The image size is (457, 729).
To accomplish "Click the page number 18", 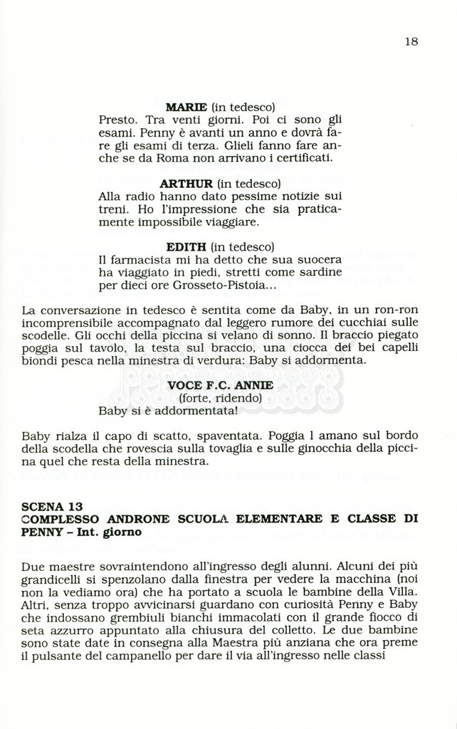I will click(411, 41).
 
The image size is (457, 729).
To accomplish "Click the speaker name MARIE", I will click(186, 107).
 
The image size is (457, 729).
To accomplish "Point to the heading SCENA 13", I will click(52, 507).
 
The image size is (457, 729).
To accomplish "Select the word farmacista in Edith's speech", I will click(137, 260).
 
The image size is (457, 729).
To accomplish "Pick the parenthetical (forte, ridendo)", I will click(220, 398).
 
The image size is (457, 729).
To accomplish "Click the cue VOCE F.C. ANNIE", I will click(220, 385).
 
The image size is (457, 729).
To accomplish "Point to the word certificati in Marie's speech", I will click(303, 158).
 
